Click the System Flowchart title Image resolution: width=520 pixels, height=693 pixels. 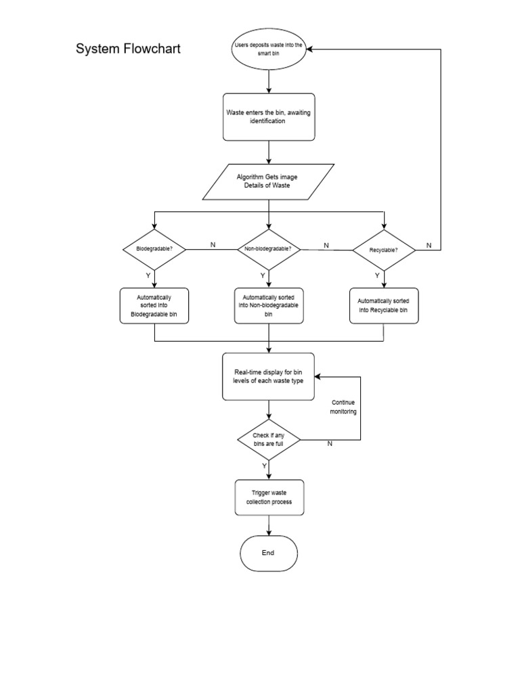click(128, 49)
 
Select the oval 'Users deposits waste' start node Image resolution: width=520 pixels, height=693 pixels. click(269, 49)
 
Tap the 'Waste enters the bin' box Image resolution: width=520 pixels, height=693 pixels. click(269, 116)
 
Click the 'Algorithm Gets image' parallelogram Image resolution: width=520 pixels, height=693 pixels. click(269, 181)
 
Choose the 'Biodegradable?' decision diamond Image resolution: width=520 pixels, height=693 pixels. click(154, 249)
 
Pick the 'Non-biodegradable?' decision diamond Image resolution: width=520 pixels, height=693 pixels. click(269, 249)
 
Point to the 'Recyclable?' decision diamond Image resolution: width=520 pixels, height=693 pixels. click(384, 250)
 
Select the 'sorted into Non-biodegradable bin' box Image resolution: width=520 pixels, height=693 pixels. click(269, 306)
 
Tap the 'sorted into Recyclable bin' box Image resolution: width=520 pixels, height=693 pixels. click(384, 305)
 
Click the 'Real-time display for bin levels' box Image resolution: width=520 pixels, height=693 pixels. click(269, 376)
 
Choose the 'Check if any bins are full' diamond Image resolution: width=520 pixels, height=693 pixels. click(269, 440)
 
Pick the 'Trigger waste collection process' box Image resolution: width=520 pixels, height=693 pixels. click(269, 497)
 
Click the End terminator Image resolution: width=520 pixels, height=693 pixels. click(269, 553)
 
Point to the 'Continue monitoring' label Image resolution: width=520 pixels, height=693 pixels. click(343, 407)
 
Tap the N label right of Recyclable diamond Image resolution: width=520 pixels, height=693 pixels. click(428, 245)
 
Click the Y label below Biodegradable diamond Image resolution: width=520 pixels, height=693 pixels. click(148, 275)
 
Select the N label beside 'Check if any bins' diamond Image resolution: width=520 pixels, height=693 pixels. click(330, 444)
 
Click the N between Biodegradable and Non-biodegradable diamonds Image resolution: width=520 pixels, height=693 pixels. click(213, 244)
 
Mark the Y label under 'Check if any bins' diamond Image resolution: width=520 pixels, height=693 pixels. click(263, 466)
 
